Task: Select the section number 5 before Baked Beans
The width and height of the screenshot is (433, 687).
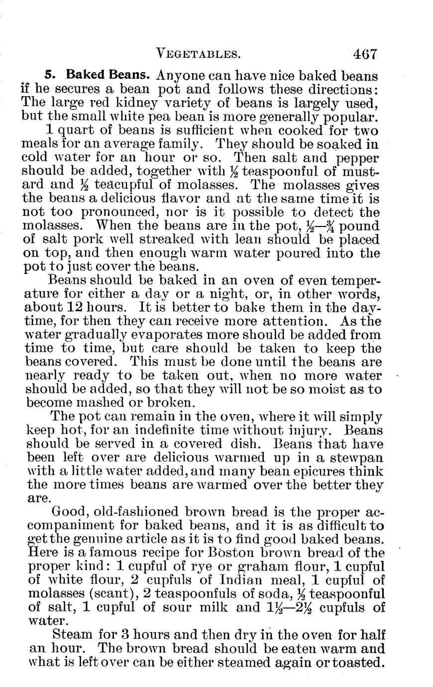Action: coord(49,76)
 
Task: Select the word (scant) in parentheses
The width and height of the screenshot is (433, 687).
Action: coord(114,594)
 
